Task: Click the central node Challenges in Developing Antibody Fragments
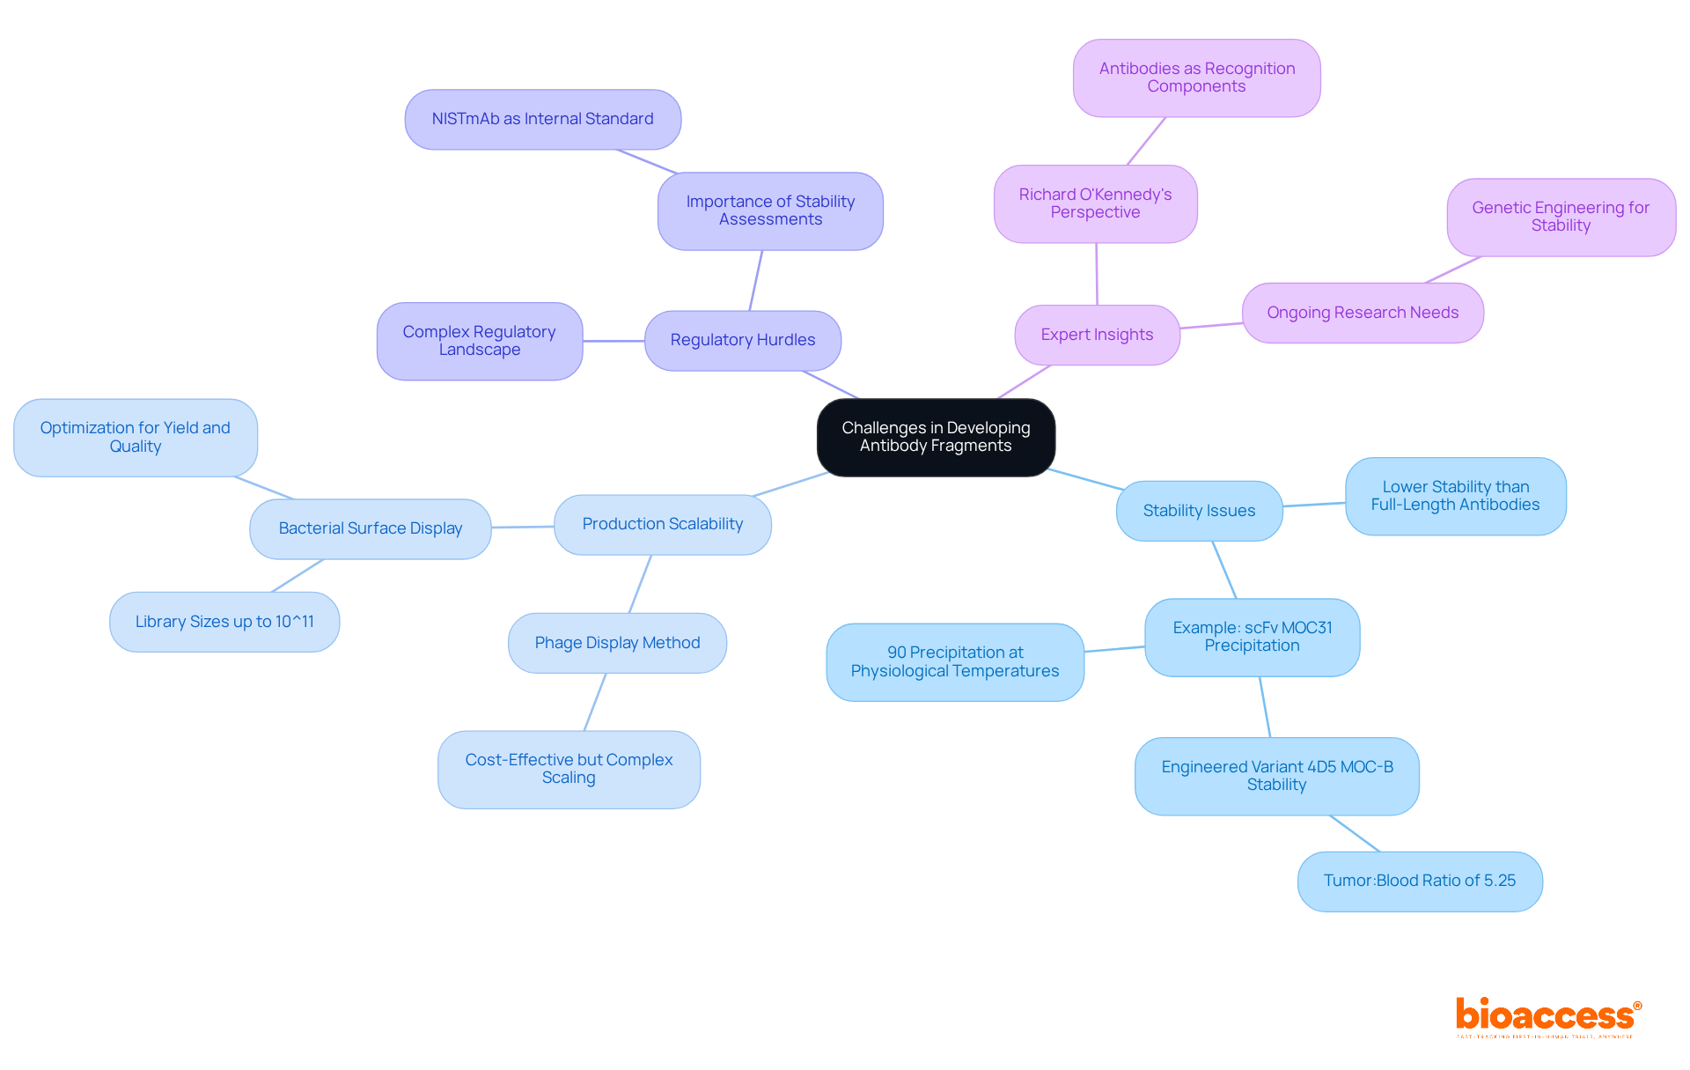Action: [936, 437]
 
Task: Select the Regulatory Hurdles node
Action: [742, 340]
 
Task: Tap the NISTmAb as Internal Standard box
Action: [542, 119]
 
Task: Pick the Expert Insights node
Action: [1097, 335]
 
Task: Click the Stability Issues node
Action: [1199, 511]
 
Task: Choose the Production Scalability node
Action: [662, 524]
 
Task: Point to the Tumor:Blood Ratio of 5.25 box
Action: [1419, 881]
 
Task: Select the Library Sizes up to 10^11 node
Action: [224, 622]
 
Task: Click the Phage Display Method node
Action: [617, 643]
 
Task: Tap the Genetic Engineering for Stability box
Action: [1561, 217]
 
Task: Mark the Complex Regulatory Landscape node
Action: [479, 341]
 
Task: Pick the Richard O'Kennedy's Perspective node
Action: [1095, 203]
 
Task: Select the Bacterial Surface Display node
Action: [370, 528]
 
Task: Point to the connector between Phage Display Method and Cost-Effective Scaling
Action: [595, 702]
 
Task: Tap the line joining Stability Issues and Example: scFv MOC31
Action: [1224, 570]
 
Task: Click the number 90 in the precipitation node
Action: [896, 653]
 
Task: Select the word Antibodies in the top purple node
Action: [1139, 69]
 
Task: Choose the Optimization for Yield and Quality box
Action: [135, 438]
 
